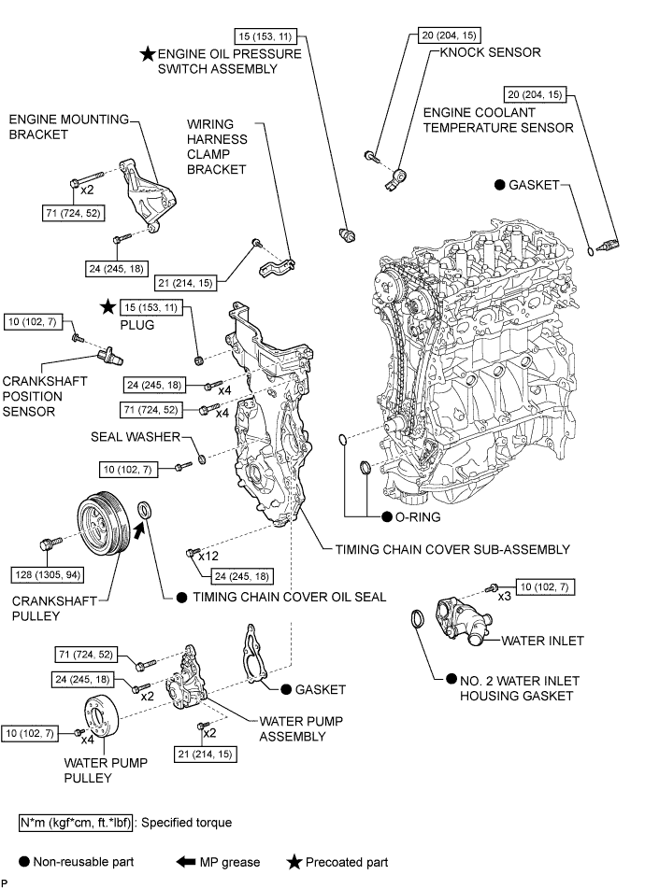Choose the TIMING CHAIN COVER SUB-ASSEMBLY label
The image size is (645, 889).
[451, 550]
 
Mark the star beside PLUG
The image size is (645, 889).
[108, 305]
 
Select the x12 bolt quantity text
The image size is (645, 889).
[208, 556]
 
